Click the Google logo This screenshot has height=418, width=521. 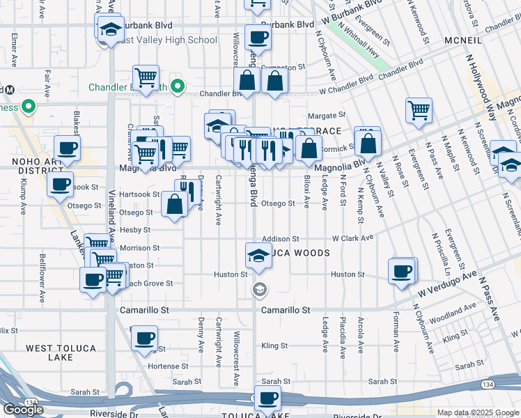23,410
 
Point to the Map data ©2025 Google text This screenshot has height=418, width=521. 478,412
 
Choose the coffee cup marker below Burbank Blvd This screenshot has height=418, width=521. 258,38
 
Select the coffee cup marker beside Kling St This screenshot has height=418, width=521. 144,339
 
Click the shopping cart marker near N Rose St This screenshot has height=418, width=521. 418,109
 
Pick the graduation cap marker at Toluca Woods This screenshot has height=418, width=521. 258,256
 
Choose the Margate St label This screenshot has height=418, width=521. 327,116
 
